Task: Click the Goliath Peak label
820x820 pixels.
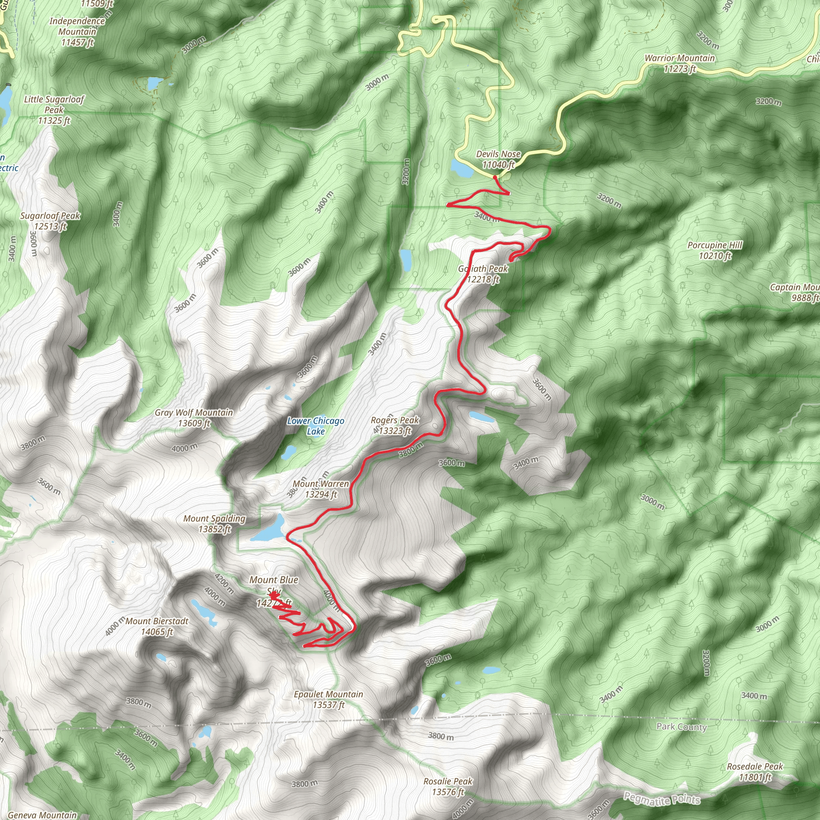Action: tap(483, 274)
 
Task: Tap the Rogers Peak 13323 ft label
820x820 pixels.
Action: tap(395, 425)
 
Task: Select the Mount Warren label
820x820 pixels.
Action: tap(320, 489)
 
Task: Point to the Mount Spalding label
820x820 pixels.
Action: tap(214, 523)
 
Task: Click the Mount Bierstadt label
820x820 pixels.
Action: tap(157, 626)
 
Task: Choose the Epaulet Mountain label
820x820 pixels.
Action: tap(328, 699)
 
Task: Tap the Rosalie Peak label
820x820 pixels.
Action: tap(448, 786)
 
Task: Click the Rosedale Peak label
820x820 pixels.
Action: tap(755, 772)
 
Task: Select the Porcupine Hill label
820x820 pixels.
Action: tap(715, 250)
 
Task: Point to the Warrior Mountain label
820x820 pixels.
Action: tap(679, 63)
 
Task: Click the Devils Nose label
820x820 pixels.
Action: tap(498, 159)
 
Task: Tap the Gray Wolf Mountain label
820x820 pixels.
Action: tap(193, 418)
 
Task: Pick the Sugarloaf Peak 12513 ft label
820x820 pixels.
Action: tap(50, 221)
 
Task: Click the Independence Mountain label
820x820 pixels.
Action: tap(77, 31)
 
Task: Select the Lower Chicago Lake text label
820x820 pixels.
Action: tap(316, 426)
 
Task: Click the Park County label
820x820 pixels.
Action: tap(681, 727)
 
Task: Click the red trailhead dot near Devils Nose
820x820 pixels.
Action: tap(495, 177)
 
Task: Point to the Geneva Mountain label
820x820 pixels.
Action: tap(42, 815)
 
